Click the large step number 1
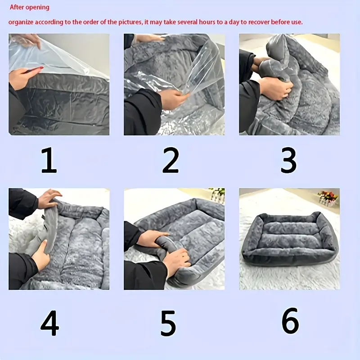click(49, 160)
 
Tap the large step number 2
click(171, 160)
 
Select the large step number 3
click(288, 160)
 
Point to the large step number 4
click(50, 323)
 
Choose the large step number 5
click(168, 323)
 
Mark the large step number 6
click(290, 321)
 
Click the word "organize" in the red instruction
click(21, 22)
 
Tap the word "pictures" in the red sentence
click(130, 22)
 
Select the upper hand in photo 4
click(49, 198)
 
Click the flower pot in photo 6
click(328, 198)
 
